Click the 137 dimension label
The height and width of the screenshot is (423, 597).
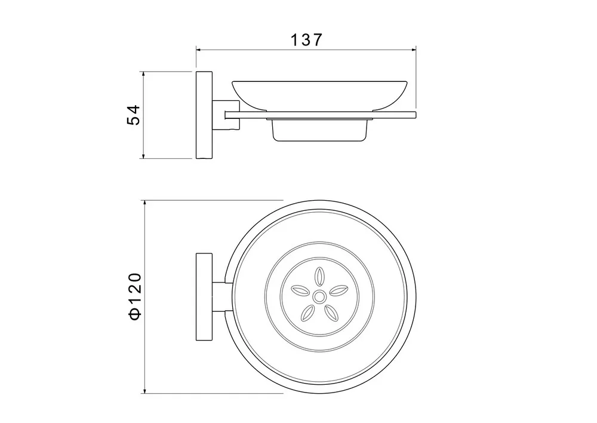pos(306,39)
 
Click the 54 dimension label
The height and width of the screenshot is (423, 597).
pos(134,115)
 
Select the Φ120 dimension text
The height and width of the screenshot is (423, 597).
pos(135,296)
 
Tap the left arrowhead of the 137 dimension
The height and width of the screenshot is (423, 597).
pos(198,50)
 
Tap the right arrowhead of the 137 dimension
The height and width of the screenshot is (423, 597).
pos(414,50)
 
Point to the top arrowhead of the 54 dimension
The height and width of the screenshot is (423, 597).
pos(143,74)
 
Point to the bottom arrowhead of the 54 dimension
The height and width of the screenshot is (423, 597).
pos(143,156)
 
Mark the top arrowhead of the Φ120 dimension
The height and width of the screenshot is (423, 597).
pos(144,203)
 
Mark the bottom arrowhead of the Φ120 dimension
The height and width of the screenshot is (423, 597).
pos(144,391)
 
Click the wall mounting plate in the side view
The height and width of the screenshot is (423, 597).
pos(204,115)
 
